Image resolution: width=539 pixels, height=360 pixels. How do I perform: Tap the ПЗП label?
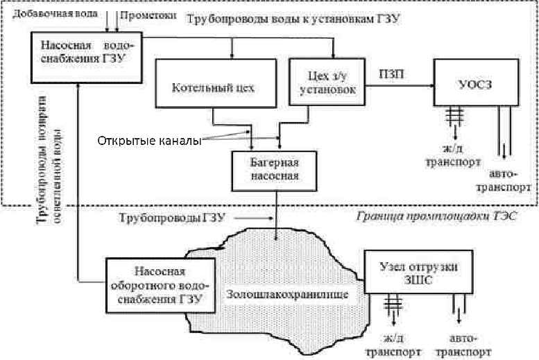tap(388, 73)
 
